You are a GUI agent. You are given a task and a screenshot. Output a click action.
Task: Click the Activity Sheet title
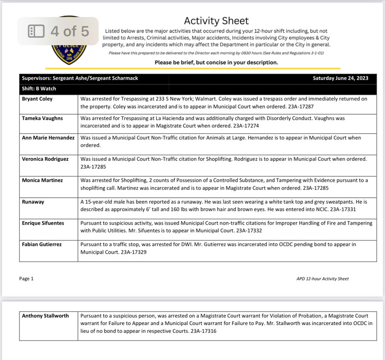[x=216, y=21]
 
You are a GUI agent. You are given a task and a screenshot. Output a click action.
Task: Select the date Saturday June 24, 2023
[x=341, y=78]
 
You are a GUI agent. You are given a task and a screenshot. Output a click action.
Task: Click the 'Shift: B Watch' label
[x=39, y=89]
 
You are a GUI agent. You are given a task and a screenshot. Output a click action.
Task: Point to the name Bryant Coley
[x=37, y=99]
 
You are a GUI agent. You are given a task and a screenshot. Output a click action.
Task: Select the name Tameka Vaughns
[x=42, y=118]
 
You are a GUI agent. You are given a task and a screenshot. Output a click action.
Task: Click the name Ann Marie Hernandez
[x=48, y=138]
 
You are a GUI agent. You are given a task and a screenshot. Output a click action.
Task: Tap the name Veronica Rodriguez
[x=45, y=159]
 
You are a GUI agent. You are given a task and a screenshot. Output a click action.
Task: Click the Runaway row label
[x=34, y=202]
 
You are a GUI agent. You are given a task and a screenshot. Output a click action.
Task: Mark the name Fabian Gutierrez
[x=42, y=244]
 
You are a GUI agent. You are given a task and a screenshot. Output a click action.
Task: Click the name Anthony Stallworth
[x=45, y=316]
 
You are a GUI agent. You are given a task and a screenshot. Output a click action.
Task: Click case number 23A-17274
[x=242, y=126]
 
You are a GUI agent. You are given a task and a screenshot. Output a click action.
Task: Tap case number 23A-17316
[x=203, y=331]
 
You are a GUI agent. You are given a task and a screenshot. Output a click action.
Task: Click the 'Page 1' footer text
[x=26, y=279]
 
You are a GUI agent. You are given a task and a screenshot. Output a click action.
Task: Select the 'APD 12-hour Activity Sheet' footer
[x=322, y=279]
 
